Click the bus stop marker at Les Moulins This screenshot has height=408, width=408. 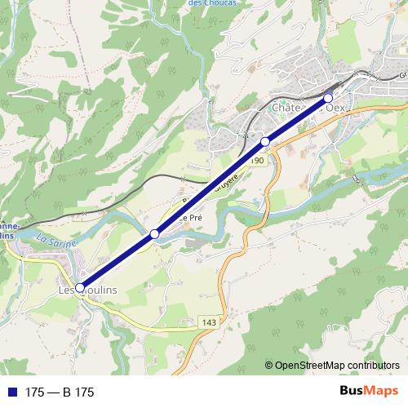coord(80,286)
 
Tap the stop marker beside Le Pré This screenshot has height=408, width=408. coord(154,235)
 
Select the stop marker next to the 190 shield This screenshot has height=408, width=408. coord(264,142)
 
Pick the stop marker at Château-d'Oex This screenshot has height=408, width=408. coord(328,99)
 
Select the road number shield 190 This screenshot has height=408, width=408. coord(257,161)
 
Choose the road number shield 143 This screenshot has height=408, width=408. coord(208,323)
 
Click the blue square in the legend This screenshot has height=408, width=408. coord(11,392)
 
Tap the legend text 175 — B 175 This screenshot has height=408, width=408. coord(60,392)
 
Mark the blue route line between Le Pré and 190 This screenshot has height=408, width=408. coord(210,188)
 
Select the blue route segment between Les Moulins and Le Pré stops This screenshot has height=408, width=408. coord(117,261)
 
